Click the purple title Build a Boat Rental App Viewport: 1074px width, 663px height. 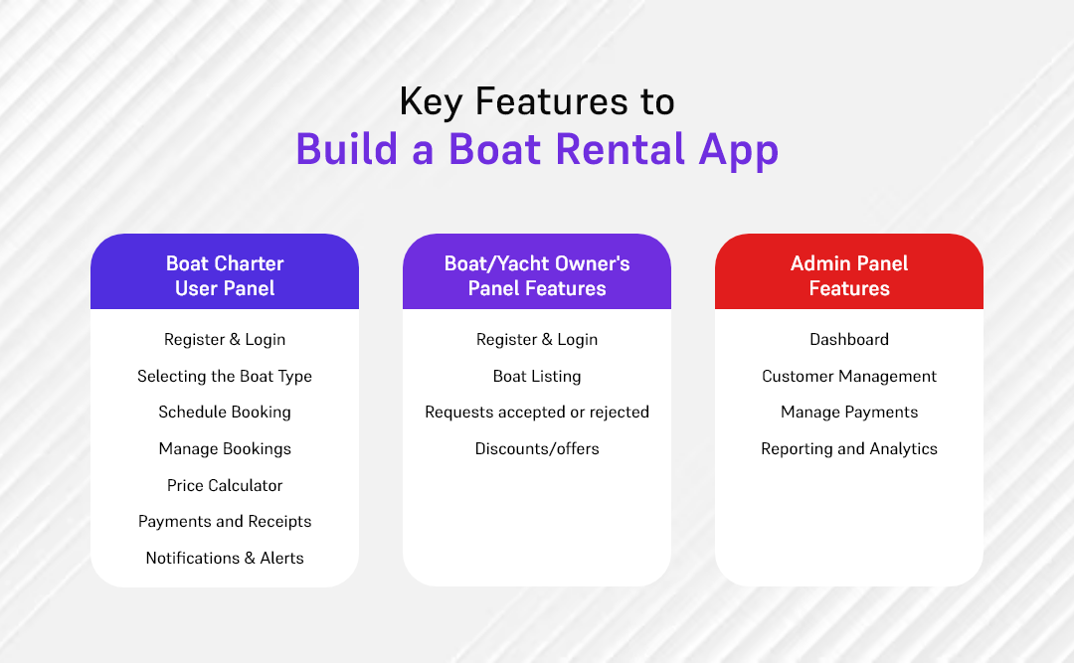pyautogui.click(x=537, y=149)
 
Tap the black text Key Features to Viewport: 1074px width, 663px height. pyautogui.click(x=537, y=100)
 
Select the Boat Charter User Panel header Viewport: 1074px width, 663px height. pyautogui.click(x=225, y=275)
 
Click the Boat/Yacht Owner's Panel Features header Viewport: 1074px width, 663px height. pyautogui.click(x=537, y=275)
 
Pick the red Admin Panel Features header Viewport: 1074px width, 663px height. pyautogui.click(x=849, y=275)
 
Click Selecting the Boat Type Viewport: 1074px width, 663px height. pyautogui.click(x=225, y=376)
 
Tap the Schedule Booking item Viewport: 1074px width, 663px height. pyautogui.click(x=225, y=412)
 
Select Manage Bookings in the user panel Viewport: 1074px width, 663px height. pyautogui.click(x=225, y=448)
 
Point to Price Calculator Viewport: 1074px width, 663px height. pyautogui.click(x=225, y=485)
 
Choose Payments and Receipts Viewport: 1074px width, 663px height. pyautogui.click(x=225, y=521)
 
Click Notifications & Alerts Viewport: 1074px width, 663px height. pyautogui.click(x=225, y=558)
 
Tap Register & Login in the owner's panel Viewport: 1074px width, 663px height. pyautogui.click(x=537, y=339)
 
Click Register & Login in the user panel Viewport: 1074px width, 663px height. pyautogui.click(x=225, y=339)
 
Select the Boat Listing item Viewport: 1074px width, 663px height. pyautogui.click(x=537, y=376)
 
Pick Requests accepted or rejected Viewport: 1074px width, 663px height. pyautogui.click(x=537, y=412)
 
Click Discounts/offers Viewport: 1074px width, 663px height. pyautogui.click(x=537, y=448)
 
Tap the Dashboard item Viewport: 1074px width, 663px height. pyautogui.click(x=849, y=339)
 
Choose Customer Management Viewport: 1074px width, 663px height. pyautogui.click(x=849, y=376)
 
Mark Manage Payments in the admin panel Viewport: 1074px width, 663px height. pyautogui.click(x=849, y=412)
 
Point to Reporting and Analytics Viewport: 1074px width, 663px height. pyautogui.click(x=849, y=448)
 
